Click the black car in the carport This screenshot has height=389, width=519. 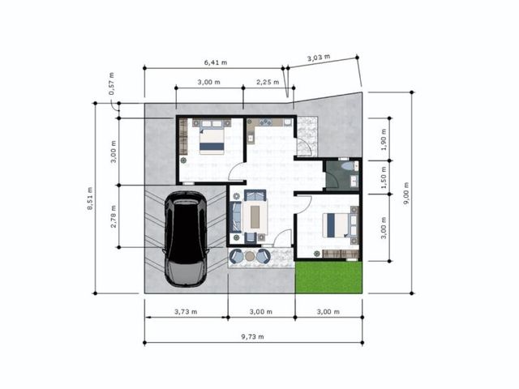[x=186, y=239]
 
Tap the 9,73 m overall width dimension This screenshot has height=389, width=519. [x=252, y=337]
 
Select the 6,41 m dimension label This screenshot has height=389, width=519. [x=216, y=62]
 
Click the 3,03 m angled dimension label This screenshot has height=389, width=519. [x=319, y=58]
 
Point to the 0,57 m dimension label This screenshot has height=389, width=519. [x=112, y=83]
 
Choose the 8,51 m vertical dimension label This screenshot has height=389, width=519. [x=90, y=199]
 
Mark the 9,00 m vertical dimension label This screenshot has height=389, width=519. [x=406, y=193]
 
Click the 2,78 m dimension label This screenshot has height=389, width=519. [x=114, y=216]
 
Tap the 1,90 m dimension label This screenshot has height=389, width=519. [x=384, y=139]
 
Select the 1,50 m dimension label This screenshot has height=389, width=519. [x=384, y=177]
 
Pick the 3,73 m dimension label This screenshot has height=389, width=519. [x=186, y=311]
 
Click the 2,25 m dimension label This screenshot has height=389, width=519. [x=268, y=82]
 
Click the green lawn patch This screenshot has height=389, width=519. [x=328, y=277]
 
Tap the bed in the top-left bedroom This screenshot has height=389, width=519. [x=212, y=138]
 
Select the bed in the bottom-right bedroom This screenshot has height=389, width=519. [x=340, y=225]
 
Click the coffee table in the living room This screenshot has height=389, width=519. [x=255, y=216]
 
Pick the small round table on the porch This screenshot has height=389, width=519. [x=250, y=256]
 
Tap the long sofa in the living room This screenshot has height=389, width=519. [x=236, y=217]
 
